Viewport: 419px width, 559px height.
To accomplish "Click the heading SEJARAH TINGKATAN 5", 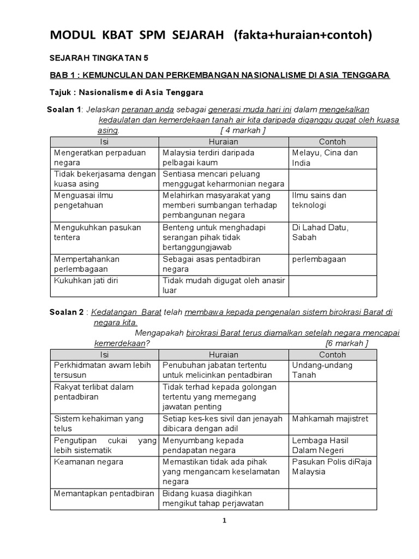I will click(x=99, y=57).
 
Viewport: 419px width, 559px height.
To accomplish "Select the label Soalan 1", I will click(x=64, y=110).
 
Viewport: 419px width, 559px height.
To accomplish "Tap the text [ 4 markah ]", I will click(x=243, y=130).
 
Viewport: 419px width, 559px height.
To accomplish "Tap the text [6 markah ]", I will click(x=346, y=343).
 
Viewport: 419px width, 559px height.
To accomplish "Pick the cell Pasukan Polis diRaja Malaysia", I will click(x=332, y=467).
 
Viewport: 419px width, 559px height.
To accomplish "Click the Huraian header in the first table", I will click(x=223, y=142).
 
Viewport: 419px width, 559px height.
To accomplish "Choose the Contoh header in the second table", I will click(x=332, y=355).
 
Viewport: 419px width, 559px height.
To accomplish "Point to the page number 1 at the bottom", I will click(x=224, y=521).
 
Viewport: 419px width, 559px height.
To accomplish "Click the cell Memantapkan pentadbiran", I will click(x=104, y=493).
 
